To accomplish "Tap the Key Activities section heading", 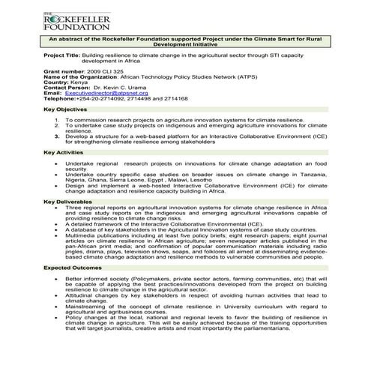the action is click(64, 153).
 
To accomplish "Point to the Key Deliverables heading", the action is click(69, 202).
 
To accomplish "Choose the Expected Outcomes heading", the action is click(73, 267).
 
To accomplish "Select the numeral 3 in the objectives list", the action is click(55, 137).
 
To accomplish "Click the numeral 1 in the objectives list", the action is click(55, 120).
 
